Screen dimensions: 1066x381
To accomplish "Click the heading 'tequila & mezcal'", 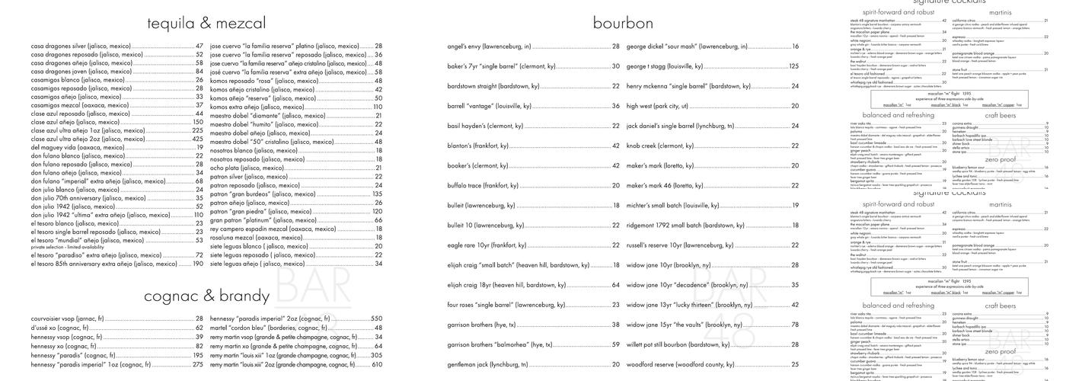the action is click(x=206, y=23).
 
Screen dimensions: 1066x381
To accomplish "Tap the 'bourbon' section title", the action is click(x=623, y=23).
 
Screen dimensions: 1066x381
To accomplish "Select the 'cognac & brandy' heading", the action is click(x=206, y=296).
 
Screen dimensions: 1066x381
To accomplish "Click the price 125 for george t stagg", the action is click(x=793, y=66).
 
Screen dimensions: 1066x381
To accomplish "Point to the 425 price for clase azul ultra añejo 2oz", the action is click(x=197, y=139).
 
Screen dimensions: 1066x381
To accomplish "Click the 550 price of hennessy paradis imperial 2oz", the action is click(x=376, y=319).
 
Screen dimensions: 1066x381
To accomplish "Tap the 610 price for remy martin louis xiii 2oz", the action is click(x=376, y=364).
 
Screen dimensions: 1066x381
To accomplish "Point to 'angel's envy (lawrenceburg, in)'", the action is click(x=489, y=46).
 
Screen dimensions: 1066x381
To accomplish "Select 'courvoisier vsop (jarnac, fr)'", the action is click(x=67, y=319).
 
